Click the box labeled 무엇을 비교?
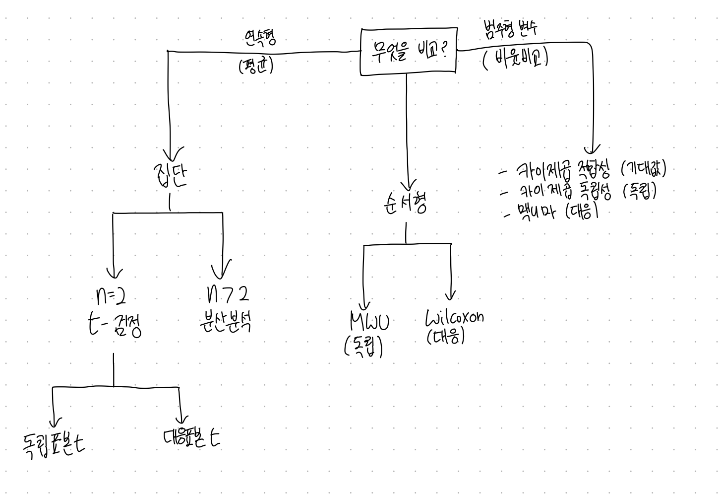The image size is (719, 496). click(x=408, y=52)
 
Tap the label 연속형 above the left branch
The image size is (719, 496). click(x=260, y=37)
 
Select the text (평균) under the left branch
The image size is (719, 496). click(x=256, y=66)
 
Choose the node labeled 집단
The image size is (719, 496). click(x=170, y=174)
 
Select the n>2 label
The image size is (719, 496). click(x=227, y=295)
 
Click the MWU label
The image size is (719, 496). click(x=369, y=322)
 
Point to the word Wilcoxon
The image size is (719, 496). click(x=455, y=317)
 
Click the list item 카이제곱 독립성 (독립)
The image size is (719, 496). click(x=580, y=191)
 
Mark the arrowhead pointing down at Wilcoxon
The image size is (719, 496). click(x=450, y=296)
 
